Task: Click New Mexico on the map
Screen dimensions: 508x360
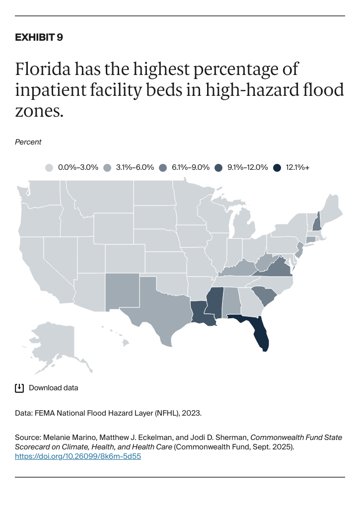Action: pos(122,291)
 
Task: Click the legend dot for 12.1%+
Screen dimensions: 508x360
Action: pos(277,168)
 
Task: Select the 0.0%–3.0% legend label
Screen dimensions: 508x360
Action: pos(78,168)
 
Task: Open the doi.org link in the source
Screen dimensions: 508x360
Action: pos(78,456)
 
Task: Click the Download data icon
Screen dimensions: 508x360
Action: pos(19,388)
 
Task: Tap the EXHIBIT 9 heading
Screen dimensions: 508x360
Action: pos(39,37)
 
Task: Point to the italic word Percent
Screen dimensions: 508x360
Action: pos(28,142)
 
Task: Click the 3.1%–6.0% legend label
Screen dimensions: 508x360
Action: pos(135,168)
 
